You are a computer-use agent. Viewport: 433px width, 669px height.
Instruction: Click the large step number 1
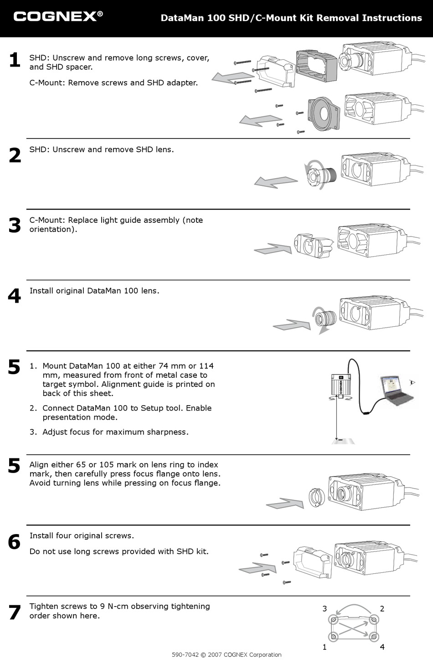[15, 60]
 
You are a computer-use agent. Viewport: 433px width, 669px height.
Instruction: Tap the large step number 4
[14, 296]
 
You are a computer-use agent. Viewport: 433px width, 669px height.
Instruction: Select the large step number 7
[15, 612]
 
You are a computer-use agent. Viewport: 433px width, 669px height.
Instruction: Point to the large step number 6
[14, 542]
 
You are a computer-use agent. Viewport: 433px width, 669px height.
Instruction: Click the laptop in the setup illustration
[396, 390]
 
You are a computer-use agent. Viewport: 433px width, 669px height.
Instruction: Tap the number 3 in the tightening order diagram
[325, 608]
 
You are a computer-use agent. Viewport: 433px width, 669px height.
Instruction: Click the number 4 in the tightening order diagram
[382, 647]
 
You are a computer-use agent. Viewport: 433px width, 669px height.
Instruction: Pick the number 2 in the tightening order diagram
[382, 608]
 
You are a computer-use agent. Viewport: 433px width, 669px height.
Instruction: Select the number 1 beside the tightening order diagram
[325, 647]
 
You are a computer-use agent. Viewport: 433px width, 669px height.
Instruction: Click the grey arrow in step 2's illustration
[275, 182]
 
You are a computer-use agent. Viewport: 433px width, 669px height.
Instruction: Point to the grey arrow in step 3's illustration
[273, 249]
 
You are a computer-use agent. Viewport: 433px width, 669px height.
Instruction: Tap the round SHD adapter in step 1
[325, 114]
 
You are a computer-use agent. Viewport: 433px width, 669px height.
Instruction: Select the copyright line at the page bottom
[227, 655]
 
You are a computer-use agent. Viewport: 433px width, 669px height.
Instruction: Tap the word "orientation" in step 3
[52, 229]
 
